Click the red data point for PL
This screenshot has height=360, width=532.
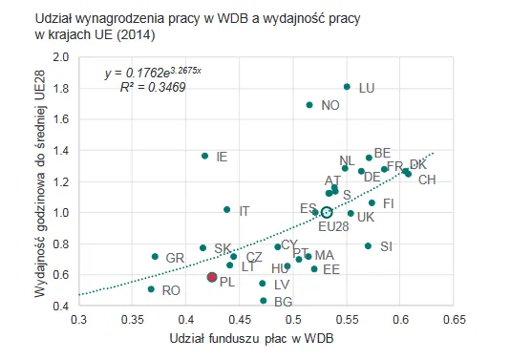click(x=212, y=277)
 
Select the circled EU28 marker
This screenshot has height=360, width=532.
click(x=327, y=212)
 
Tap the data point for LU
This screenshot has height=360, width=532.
click(x=347, y=87)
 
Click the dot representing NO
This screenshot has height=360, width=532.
click(x=309, y=105)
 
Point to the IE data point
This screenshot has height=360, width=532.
click(x=204, y=156)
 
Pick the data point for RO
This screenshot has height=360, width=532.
click(x=151, y=288)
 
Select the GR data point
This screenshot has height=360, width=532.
click(x=155, y=257)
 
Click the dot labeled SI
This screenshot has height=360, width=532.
click(x=368, y=246)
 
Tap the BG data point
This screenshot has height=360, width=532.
click(x=263, y=301)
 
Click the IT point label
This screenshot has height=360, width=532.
click(x=245, y=211)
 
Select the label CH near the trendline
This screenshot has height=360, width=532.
click(x=427, y=180)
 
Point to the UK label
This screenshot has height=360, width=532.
click(x=366, y=217)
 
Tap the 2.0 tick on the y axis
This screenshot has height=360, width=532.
click(x=61, y=57)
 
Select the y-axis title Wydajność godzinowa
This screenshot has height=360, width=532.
click(x=41, y=182)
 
